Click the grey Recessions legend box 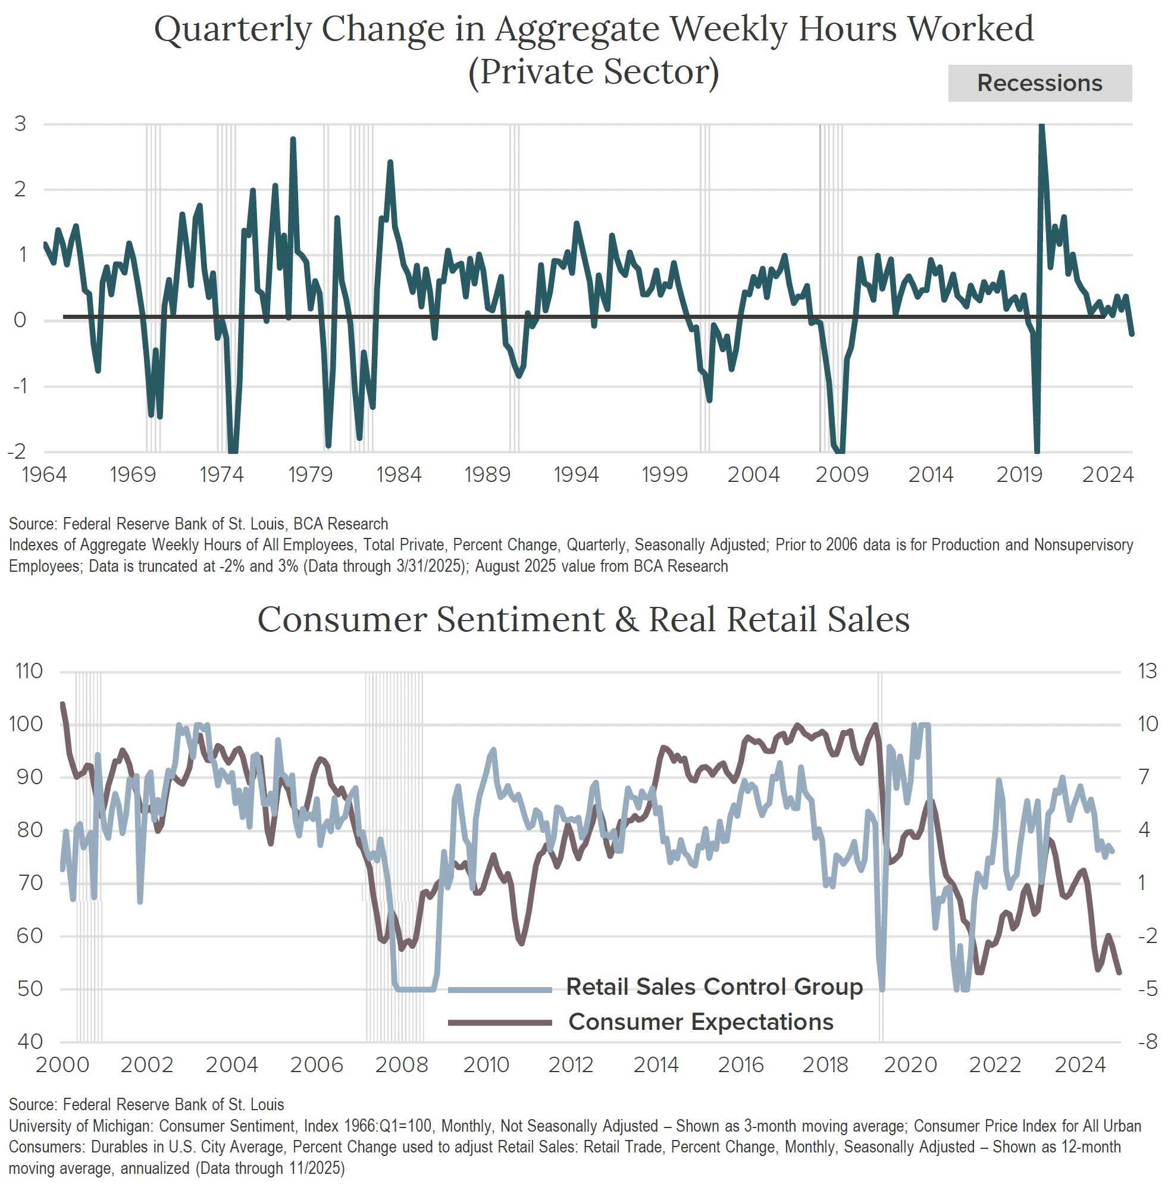pos(1040,83)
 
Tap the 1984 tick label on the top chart pos(398,474)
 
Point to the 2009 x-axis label pos(841,474)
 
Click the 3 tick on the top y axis pos(20,124)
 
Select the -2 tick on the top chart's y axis pos(17,452)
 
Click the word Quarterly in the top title pos(233,29)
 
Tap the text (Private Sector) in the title pos(593,73)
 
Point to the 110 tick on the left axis pos(29,672)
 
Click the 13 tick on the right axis pos(1147,672)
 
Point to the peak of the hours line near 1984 pos(390,162)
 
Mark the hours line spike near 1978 pos(293,139)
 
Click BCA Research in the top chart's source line pos(341,524)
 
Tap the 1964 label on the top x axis pos(44,474)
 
